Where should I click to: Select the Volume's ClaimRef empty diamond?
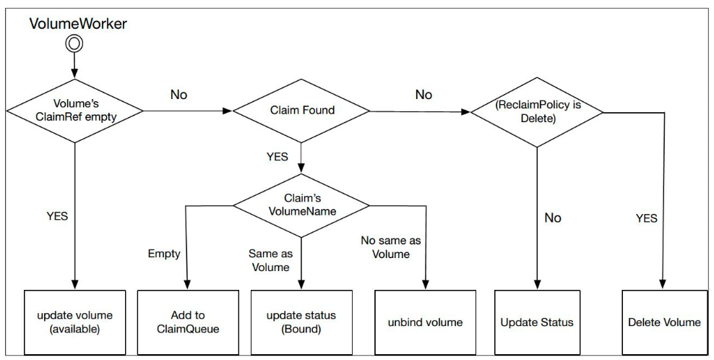tap(74, 111)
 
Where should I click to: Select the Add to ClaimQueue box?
tap(187, 322)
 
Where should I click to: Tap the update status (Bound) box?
tap(301, 322)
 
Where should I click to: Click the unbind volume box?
tap(426, 322)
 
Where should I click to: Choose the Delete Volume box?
tap(664, 322)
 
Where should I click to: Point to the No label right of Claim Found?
tap(424, 95)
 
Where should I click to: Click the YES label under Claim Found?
tap(277, 157)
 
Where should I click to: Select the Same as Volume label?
tap(270, 260)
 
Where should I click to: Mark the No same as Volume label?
tap(390, 247)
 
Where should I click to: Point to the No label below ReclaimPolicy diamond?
tap(552, 218)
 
